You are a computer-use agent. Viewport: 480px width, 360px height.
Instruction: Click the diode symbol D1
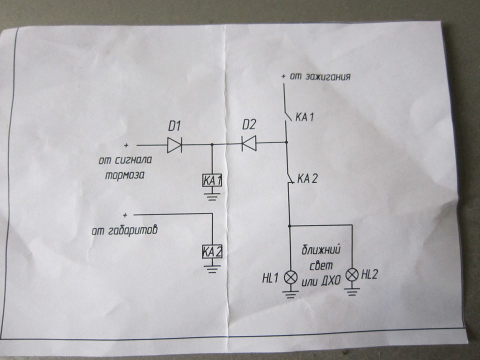point(174,145)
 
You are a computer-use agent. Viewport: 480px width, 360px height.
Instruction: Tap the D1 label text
point(174,127)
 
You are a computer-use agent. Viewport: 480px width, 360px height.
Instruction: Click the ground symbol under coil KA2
point(212,268)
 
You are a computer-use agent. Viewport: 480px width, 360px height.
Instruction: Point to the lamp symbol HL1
point(290,277)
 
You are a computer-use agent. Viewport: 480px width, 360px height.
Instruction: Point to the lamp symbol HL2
point(352,274)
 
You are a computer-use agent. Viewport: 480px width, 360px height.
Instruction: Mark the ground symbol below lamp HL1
point(290,292)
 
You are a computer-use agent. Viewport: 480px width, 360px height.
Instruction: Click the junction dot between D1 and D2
point(212,145)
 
